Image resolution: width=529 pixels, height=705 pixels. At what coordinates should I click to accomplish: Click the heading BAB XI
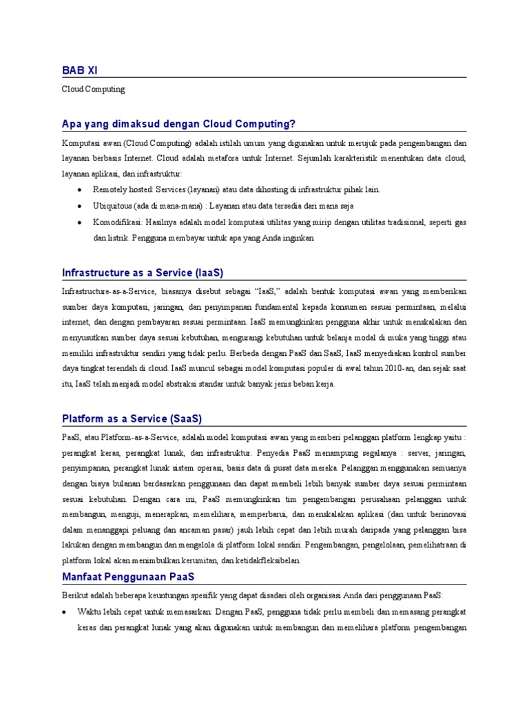(x=85, y=70)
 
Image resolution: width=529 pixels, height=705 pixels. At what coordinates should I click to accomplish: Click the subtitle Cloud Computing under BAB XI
(x=94, y=90)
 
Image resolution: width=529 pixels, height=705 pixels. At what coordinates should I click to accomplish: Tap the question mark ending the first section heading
(x=293, y=124)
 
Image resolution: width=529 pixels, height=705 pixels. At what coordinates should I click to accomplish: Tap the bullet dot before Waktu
(x=64, y=611)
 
